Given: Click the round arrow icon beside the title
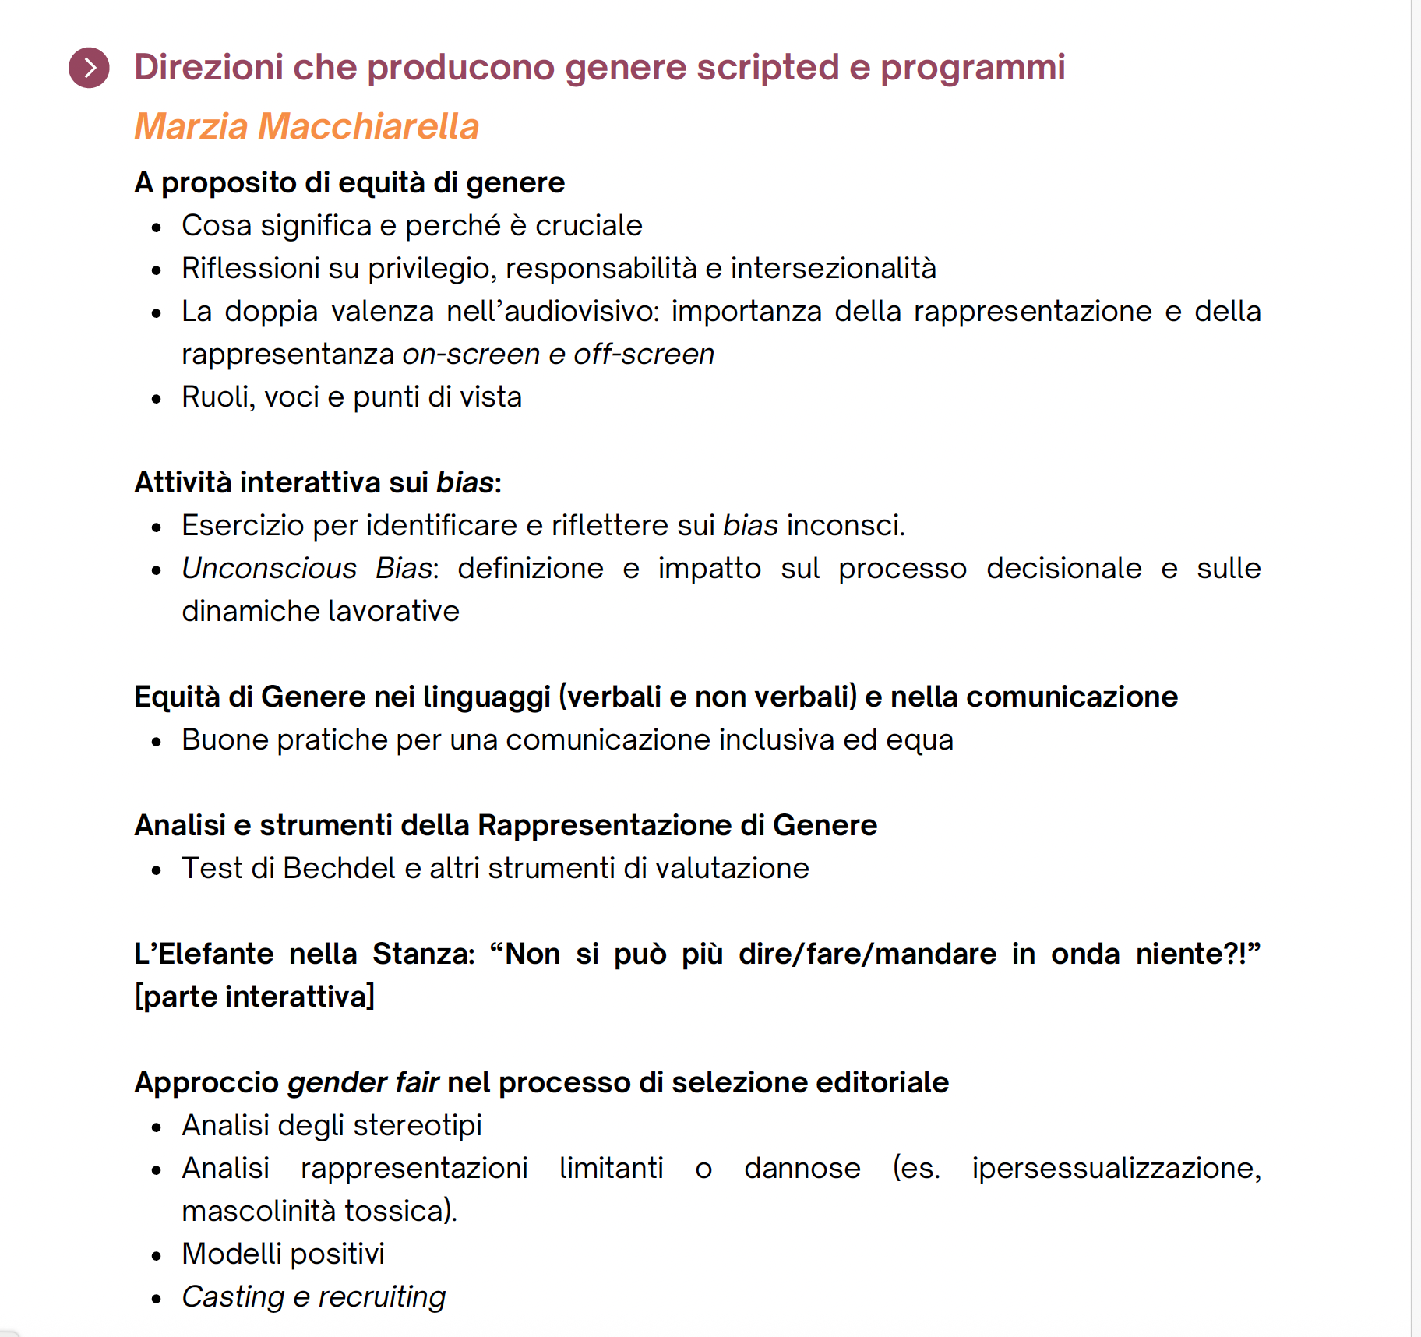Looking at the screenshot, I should click(x=89, y=68).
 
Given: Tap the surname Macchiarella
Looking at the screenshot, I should click(x=368, y=126).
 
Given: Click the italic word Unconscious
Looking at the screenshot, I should click(x=269, y=569).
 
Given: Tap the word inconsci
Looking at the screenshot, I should click(x=845, y=526).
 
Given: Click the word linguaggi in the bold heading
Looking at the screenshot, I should click(x=486, y=697).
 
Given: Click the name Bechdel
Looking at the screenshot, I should click(x=339, y=869).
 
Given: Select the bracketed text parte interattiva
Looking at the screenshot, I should click(x=255, y=997).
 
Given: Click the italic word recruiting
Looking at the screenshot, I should click(x=382, y=1297).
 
